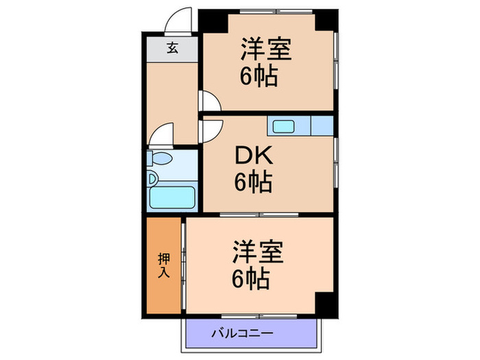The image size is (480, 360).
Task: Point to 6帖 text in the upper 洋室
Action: (x=259, y=76)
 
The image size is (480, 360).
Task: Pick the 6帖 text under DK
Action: (x=253, y=182)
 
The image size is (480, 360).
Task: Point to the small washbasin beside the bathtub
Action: (x=153, y=180)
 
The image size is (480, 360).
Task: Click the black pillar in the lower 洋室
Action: (x=324, y=301)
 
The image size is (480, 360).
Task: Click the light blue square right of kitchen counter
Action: (x=321, y=126)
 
